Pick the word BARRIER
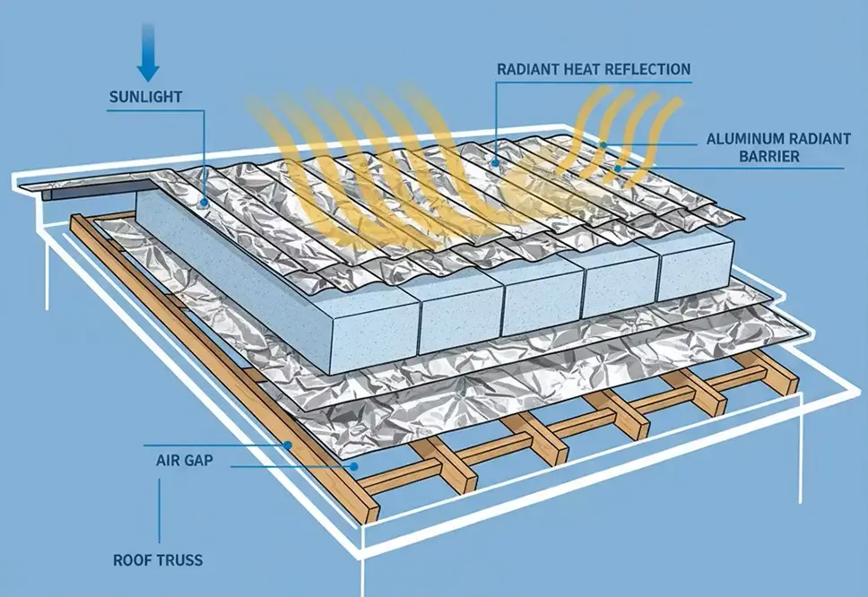(767, 157)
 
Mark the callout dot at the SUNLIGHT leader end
(205, 203)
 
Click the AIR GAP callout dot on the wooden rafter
(288, 445)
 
